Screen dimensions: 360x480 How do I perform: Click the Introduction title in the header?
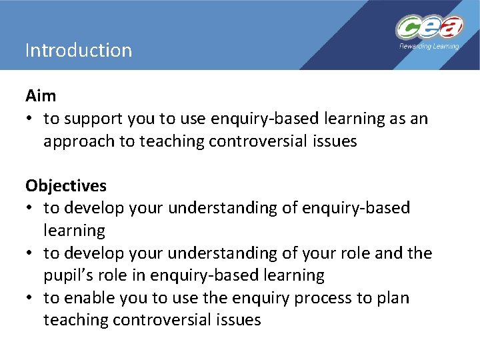pyautogui.click(x=79, y=51)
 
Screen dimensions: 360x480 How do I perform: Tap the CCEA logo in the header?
pyautogui.click(x=429, y=28)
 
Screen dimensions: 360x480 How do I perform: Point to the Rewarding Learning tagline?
pyautogui.click(x=429, y=47)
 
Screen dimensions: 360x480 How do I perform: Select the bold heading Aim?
pyautogui.click(x=41, y=96)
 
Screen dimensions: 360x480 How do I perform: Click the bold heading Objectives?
pyautogui.click(x=65, y=185)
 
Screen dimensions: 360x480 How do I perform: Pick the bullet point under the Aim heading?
pyautogui.click(x=30, y=119)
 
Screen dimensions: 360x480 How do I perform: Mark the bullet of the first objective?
pyautogui.click(x=30, y=208)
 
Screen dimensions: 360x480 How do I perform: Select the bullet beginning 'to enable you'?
pyautogui.click(x=30, y=298)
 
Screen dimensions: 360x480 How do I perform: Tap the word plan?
pyautogui.click(x=393, y=298)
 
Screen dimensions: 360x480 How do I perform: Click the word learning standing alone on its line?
pyautogui.click(x=74, y=231)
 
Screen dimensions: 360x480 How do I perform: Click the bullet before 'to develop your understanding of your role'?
pyautogui.click(x=30, y=253)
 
